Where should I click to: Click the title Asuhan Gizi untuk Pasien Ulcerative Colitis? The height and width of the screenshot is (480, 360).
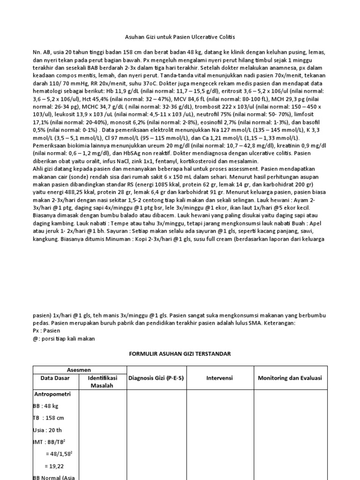[x=180, y=37]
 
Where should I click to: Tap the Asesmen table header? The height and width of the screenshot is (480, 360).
[x=79, y=369]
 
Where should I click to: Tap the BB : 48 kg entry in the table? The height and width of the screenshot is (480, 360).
[x=46, y=406]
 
